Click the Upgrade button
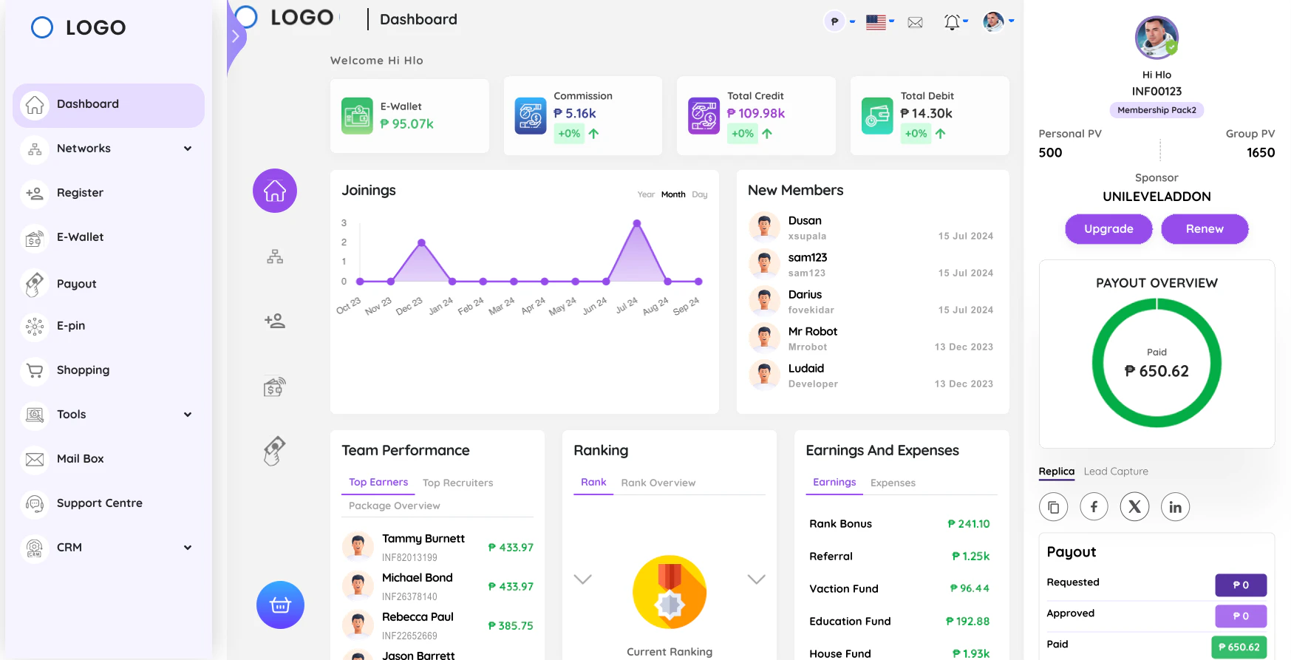coord(1108,229)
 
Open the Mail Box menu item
coord(80,459)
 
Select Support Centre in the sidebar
coord(99,503)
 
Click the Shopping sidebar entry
coord(83,370)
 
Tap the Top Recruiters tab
coord(457,483)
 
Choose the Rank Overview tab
coord(658,483)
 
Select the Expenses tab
coord(893,483)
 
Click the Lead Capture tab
coord(1116,472)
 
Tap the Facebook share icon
coord(1094,507)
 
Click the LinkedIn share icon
coord(1175,507)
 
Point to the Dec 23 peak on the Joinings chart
coord(421,242)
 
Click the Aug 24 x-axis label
coord(655,306)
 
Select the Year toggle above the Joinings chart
coord(646,194)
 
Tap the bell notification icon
coord(952,22)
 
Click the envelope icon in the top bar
coord(915,22)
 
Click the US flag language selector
coord(876,22)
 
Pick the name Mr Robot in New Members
coord(812,332)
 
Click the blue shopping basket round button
coord(280,605)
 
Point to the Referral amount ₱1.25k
coord(970,557)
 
